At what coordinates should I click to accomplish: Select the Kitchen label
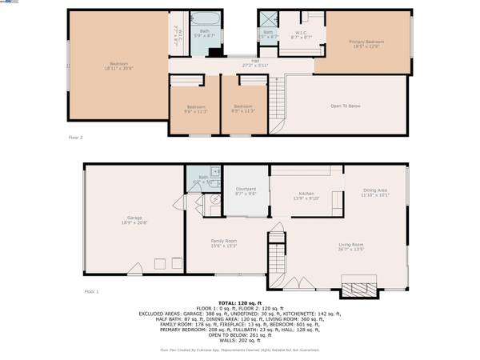pyautogui.click(x=306, y=196)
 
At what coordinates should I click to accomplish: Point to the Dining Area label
pyautogui.click(x=374, y=192)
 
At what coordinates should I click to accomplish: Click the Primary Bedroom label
pyautogui.click(x=363, y=43)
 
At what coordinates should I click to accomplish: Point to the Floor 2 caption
pyautogui.click(x=76, y=138)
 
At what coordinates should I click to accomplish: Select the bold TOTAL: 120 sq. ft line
pyautogui.click(x=240, y=302)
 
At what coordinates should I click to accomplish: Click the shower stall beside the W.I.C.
pyautogui.click(x=266, y=23)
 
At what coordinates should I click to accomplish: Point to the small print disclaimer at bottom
pyautogui.click(x=240, y=350)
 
